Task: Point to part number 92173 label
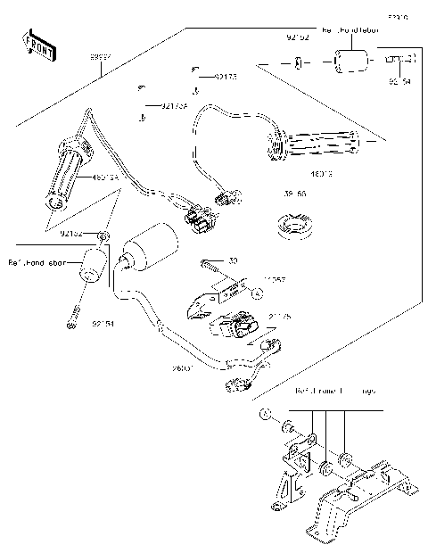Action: click(225, 78)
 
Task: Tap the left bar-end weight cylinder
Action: click(93, 266)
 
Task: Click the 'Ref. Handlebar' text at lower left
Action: click(37, 262)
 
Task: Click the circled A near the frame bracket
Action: click(265, 416)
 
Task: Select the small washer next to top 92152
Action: click(299, 63)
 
